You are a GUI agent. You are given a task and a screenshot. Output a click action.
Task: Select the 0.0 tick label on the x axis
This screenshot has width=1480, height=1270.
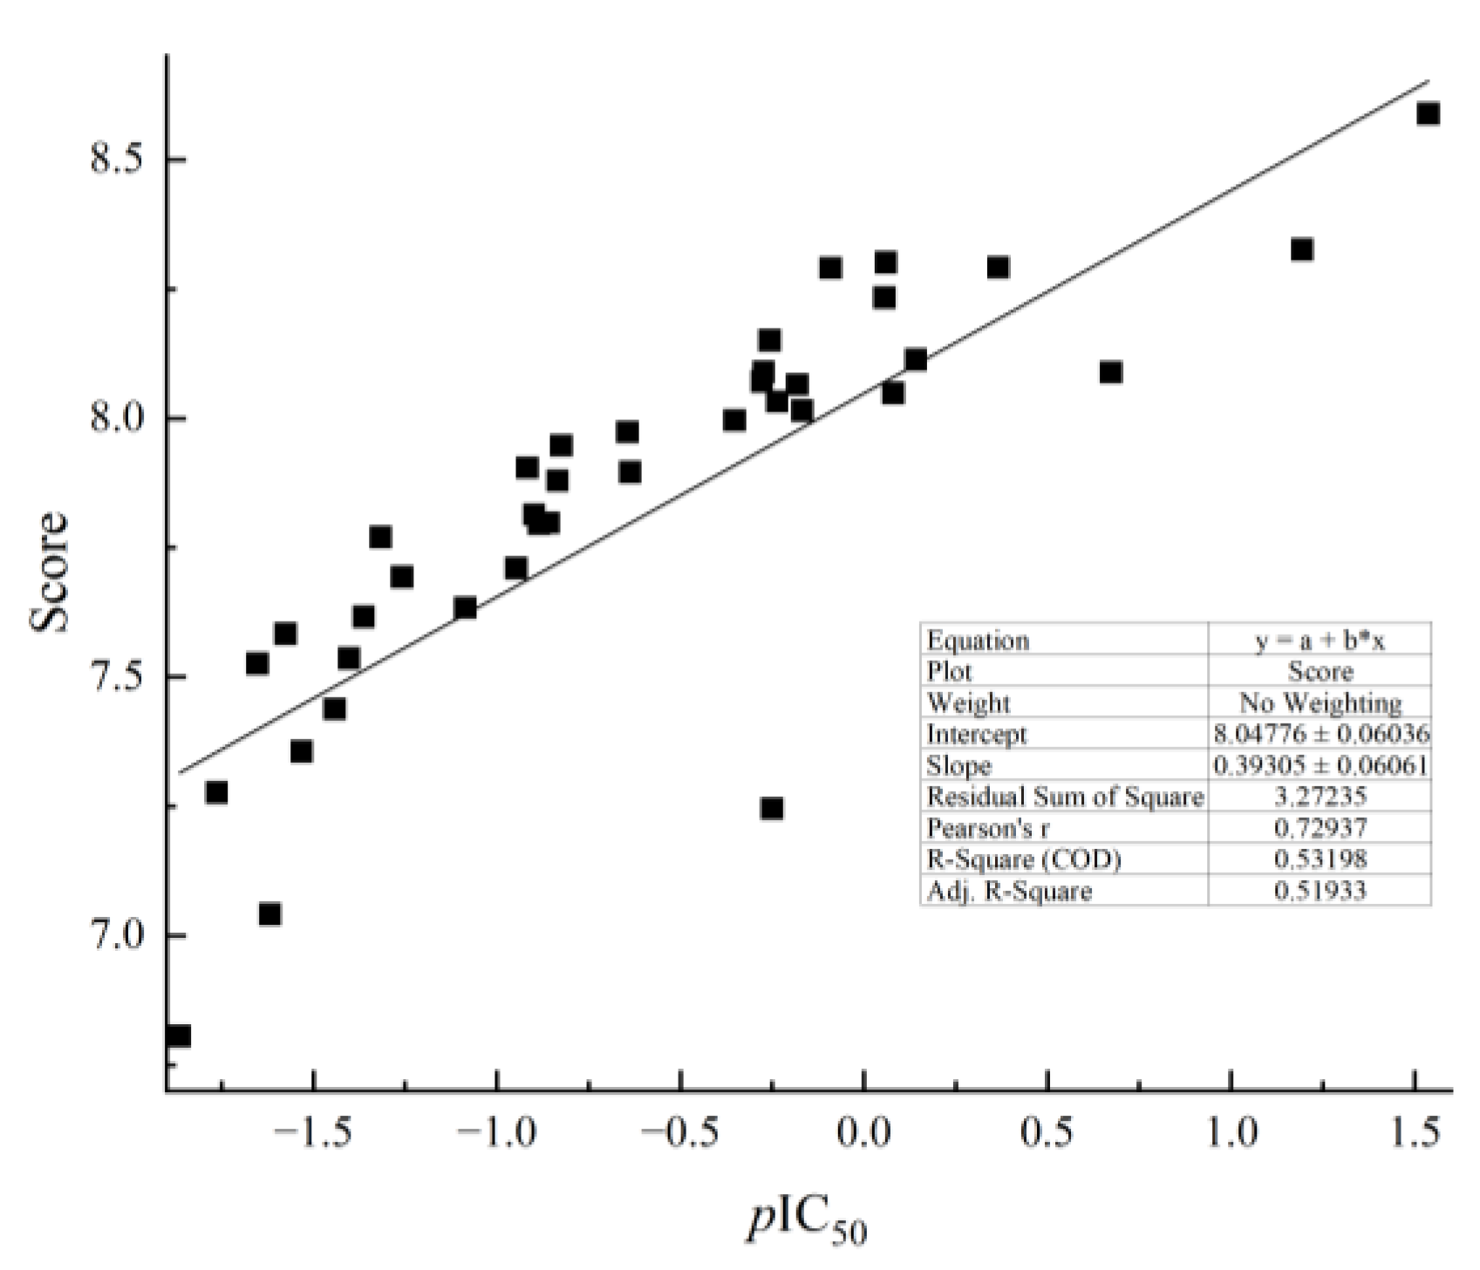(863, 1133)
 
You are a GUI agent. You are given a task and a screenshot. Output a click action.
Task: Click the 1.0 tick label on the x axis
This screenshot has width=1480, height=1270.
(1231, 1133)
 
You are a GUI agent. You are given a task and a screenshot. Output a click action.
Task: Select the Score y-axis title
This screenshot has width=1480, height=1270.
(49, 570)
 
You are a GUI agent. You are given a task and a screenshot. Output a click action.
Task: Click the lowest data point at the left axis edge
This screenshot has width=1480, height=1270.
(178, 1036)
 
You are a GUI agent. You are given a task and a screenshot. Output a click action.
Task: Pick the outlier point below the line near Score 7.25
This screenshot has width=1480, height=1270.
(771, 809)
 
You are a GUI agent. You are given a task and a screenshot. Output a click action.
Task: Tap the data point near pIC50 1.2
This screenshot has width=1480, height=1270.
(1302, 250)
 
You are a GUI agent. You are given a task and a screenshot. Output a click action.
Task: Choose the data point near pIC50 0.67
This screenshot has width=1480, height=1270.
(1110, 373)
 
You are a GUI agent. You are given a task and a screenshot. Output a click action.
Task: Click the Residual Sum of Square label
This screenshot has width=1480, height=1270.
(1065, 797)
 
